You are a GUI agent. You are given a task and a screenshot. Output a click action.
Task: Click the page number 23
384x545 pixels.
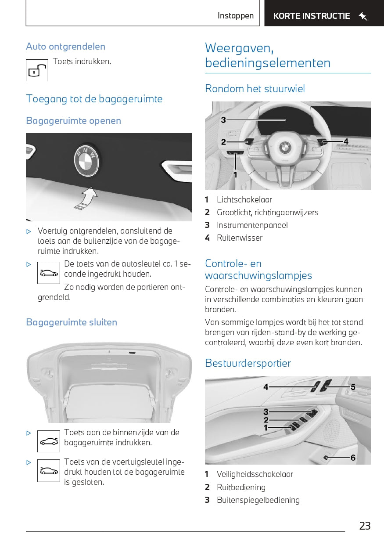click(x=365, y=526)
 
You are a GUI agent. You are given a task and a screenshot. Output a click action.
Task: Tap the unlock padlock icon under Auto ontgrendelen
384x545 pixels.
click(x=37, y=70)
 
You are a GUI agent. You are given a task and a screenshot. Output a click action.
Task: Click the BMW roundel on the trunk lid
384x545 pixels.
click(x=86, y=158)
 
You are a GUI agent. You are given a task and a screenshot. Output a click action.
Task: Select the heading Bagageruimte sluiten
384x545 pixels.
click(x=72, y=322)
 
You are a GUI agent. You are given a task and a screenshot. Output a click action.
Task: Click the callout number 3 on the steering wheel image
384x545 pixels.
click(x=223, y=120)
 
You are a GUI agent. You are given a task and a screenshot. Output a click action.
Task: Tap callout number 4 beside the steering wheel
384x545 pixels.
click(x=346, y=141)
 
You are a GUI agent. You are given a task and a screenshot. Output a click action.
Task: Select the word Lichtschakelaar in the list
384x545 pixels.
click(x=244, y=199)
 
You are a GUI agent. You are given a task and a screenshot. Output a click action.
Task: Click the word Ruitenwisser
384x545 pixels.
click(x=240, y=238)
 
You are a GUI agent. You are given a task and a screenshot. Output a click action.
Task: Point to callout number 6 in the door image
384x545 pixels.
click(x=353, y=458)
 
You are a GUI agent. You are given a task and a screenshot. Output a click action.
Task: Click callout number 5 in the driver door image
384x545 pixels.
click(x=353, y=387)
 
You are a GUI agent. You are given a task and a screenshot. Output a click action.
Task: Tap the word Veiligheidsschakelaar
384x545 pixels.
click(x=255, y=474)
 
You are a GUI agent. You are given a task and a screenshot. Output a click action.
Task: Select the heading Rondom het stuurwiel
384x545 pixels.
click(x=255, y=88)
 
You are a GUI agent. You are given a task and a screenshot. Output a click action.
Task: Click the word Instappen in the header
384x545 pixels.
click(x=236, y=16)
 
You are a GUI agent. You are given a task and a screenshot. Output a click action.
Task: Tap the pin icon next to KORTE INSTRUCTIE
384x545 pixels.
click(x=363, y=16)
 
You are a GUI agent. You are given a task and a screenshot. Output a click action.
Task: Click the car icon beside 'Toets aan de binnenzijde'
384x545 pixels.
click(x=48, y=441)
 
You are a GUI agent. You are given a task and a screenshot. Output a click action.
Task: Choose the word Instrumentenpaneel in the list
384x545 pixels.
click(x=252, y=225)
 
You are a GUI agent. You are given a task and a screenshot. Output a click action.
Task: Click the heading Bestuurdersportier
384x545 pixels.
click(x=248, y=363)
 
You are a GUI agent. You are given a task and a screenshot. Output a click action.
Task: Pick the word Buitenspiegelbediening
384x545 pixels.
click(x=258, y=500)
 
